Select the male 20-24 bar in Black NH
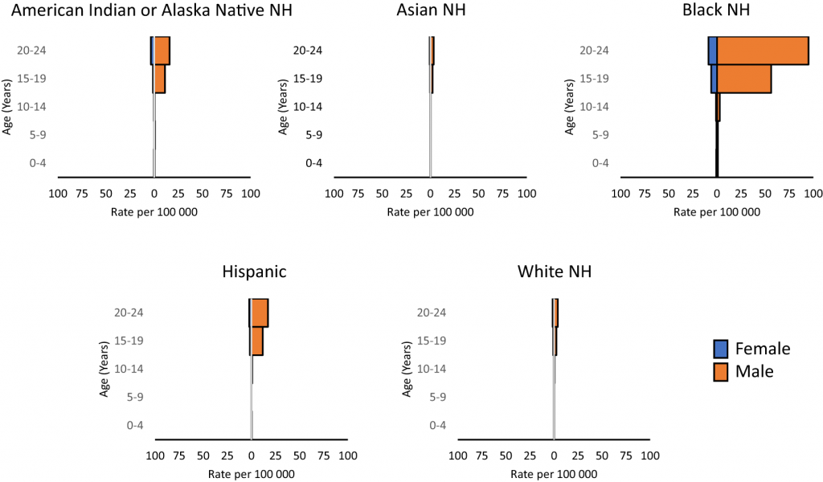762,51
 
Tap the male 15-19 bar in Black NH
743,79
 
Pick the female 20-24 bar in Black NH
712,51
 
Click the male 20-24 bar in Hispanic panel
260,312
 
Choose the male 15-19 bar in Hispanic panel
257,341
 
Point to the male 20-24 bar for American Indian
162,51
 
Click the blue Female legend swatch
720,349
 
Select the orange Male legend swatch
720,371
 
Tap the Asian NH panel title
431,11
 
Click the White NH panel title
555,272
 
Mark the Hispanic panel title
254,272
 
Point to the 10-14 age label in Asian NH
308,107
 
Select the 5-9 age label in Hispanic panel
136,397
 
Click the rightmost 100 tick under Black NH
812,194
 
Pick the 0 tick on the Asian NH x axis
431,194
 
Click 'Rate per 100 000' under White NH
555,474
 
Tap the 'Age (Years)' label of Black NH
571,107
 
